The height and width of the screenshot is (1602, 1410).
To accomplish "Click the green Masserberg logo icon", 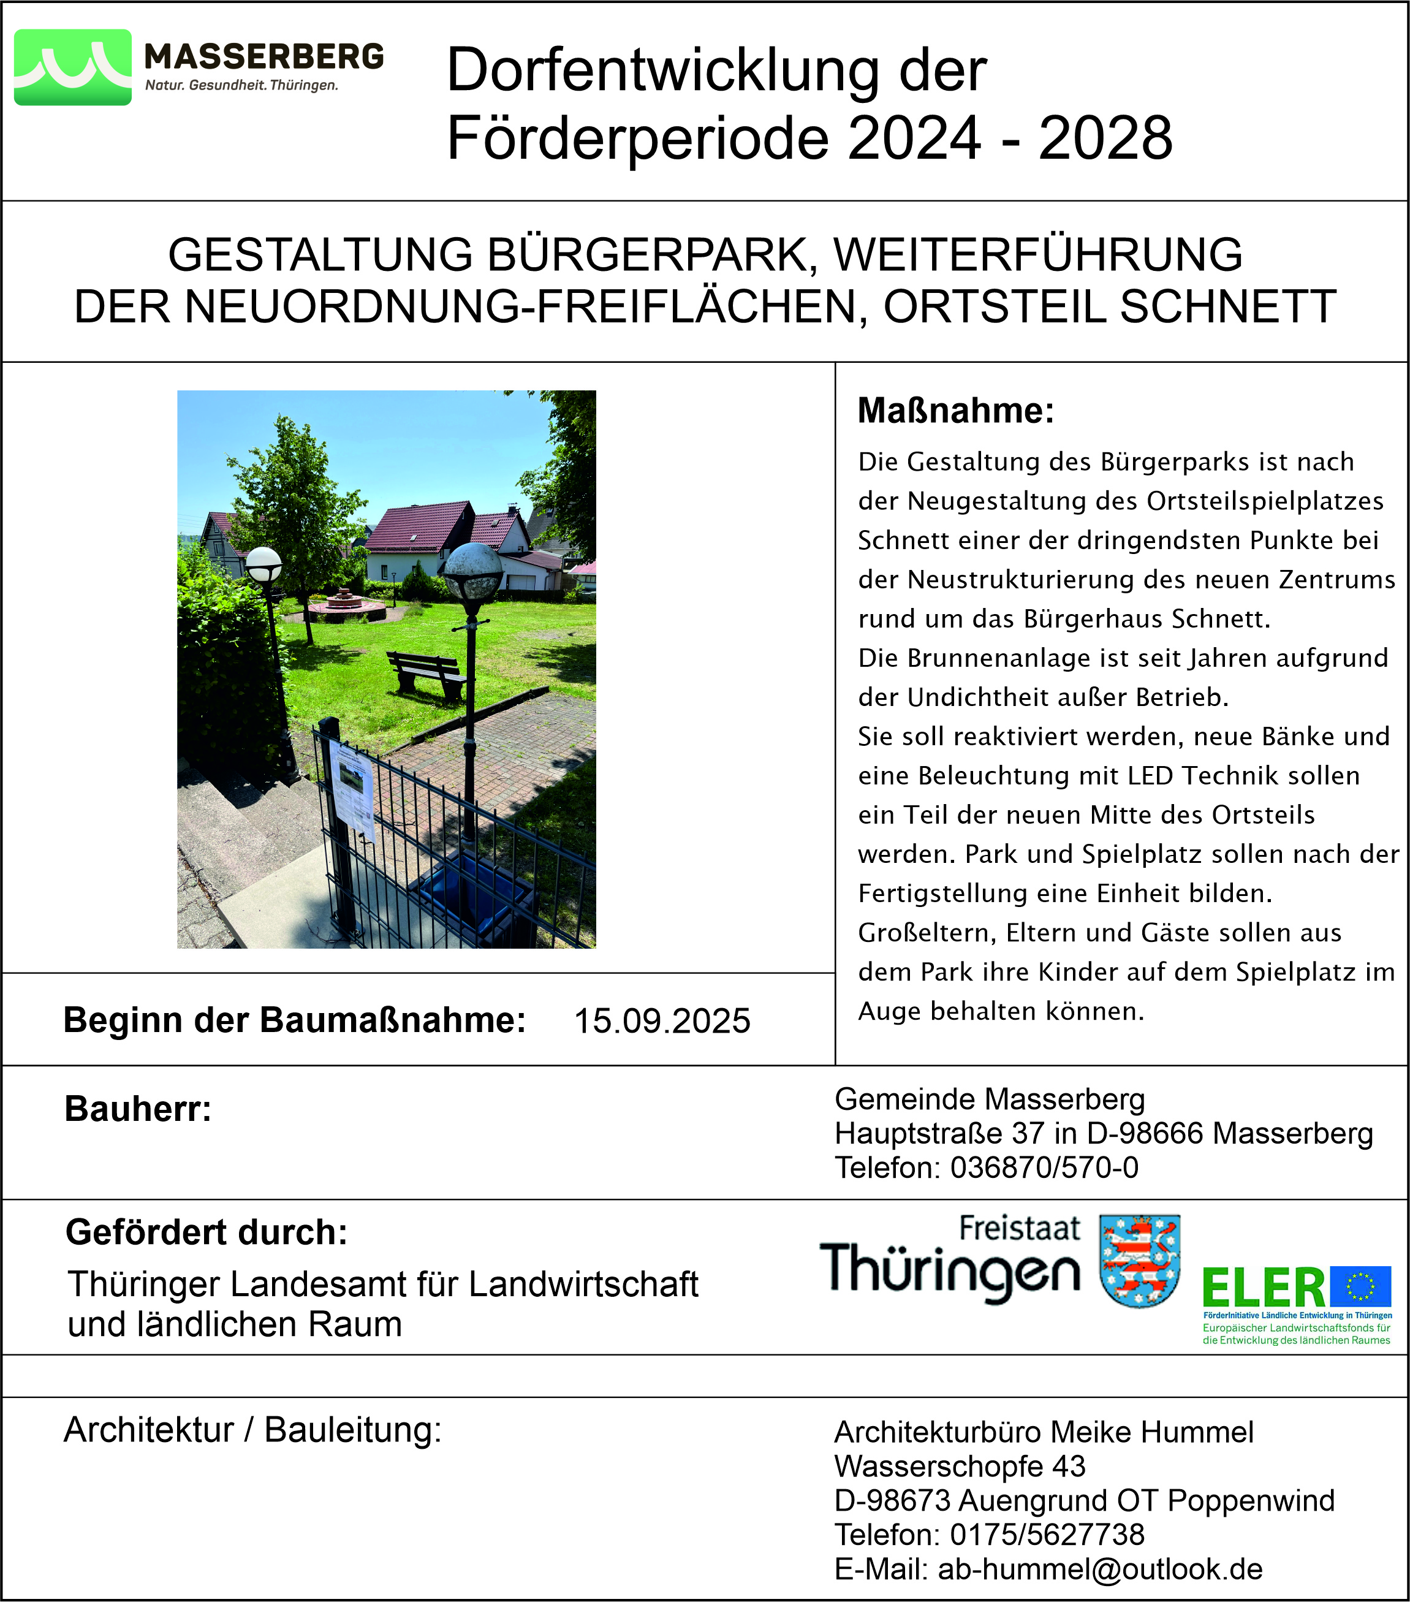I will (x=73, y=67).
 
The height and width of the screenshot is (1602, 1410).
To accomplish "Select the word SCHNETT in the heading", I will (x=1227, y=306).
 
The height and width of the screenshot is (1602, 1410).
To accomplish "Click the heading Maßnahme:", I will (x=955, y=411).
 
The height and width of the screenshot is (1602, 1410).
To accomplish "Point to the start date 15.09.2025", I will (x=662, y=1020).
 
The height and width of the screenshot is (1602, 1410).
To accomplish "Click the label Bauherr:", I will (x=138, y=1109).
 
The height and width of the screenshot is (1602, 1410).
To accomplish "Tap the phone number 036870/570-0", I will (x=1044, y=1168).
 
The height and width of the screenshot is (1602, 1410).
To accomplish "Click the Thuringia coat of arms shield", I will (x=1140, y=1261).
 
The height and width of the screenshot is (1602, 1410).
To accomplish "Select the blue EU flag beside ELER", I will (x=1360, y=1288).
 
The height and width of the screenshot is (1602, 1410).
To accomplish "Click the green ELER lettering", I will (x=1263, y=1289).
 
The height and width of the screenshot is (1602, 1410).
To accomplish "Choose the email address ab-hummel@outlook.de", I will (x=1101, y=1569).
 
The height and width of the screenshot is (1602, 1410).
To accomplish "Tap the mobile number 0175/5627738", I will (x=1047, y=1535).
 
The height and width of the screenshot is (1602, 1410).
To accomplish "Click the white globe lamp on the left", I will (x=263, y=564).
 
